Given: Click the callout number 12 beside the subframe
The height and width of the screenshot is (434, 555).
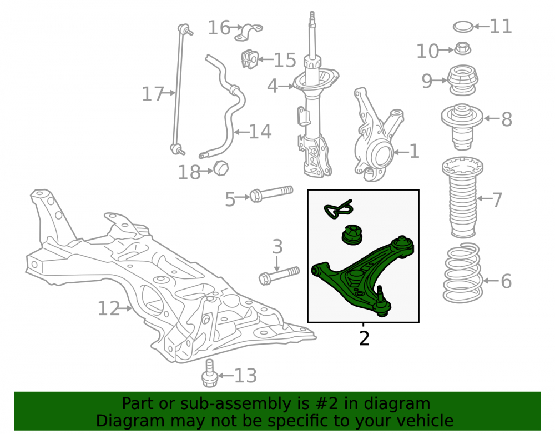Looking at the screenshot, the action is tap(109, 308).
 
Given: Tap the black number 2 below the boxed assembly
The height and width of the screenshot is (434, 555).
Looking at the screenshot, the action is tap(364, 338).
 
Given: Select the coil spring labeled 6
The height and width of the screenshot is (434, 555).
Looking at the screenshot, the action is tap(463, 273).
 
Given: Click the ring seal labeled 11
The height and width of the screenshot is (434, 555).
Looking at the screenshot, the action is tap(463, 27).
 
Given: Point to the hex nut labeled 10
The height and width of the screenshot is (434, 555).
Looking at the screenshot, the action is tap(462, 48).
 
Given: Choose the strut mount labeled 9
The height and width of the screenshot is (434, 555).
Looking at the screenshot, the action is tap(463, 80).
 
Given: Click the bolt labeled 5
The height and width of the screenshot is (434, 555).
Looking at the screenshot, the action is tap(271, 194).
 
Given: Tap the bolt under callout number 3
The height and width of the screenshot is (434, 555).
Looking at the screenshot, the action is tap(279, 275).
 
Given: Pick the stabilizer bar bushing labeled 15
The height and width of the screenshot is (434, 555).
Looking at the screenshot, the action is tap(250, 59).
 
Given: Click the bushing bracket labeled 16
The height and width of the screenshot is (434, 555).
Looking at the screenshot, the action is tap(249, 32).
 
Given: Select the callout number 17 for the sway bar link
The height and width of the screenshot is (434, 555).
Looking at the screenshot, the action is tap(153, 94).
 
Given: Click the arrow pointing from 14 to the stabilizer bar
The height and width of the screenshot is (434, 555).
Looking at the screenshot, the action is tap(242, 132).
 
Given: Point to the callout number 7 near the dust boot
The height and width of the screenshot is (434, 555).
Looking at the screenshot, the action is tap(497, 199).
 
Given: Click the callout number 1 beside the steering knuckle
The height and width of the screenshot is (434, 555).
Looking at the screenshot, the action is tap(414, 151).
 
